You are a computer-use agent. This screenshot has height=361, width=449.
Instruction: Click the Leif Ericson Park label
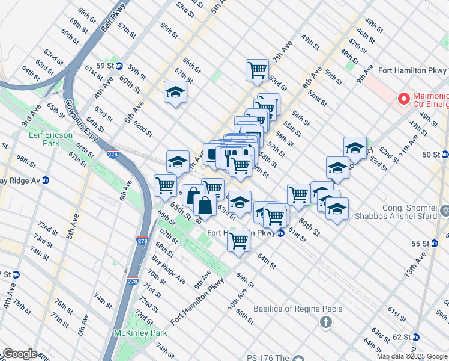[x=50, y=140]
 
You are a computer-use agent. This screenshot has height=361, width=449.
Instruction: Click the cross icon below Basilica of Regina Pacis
[x=325, y=322]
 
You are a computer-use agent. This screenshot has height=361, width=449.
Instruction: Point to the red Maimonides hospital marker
[x=403, y=98]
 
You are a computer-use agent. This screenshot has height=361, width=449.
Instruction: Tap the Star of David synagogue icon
[x=444, y=211]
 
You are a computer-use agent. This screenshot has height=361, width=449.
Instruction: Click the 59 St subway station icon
[x=119, y=66]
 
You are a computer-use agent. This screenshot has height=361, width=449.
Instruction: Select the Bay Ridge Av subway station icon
[x=45, y=180]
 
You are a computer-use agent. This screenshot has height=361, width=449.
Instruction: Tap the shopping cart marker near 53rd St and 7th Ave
[x=257, y=69]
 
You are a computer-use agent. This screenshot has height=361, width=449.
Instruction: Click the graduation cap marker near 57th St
[x=176, y=92]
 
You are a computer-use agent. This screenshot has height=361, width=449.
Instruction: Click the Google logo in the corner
[x=20, y=354]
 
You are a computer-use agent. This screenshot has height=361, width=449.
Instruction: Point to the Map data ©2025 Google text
[x=412, y=356]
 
